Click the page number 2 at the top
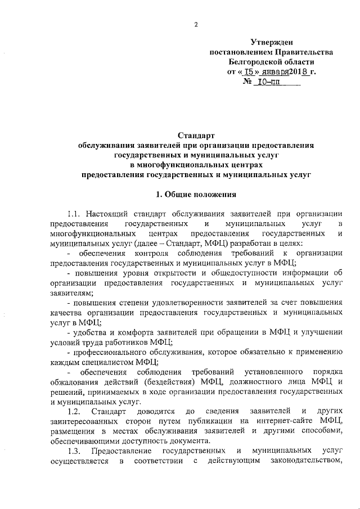tap(196, 25)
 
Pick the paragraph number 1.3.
tap(74, 452)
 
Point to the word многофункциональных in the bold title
tap(170, 165)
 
